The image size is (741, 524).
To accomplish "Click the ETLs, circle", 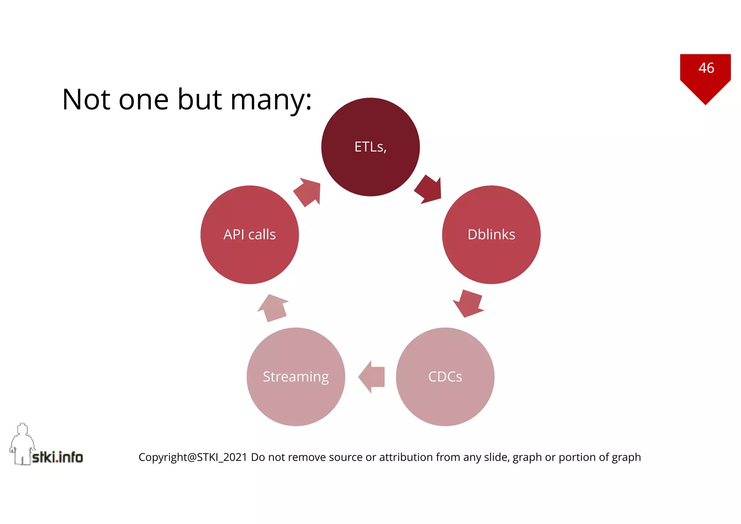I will pyautogui.click(x=370, y=147).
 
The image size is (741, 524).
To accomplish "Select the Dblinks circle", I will pyautogui.click(x=491, y=234).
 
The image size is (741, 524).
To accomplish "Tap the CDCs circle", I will pyautogui.click(x=445, y=377).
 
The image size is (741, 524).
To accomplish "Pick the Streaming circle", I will pyautogui.click(x=296, y=377).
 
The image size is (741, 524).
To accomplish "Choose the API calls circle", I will pyautogui.click(x=250, y=234).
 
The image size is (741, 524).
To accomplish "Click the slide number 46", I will pyautogui.click(x=706, y=68).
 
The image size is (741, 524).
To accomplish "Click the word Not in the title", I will pyautogui.click(x=86, y=100).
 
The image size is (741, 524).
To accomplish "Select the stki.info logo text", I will pyautogui.click(x=58, y=457).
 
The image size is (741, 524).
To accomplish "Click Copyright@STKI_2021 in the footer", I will pyautogui.click(x=192, y=457).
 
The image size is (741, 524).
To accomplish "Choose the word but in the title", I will pyautogui.click(x=200, y=100).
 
